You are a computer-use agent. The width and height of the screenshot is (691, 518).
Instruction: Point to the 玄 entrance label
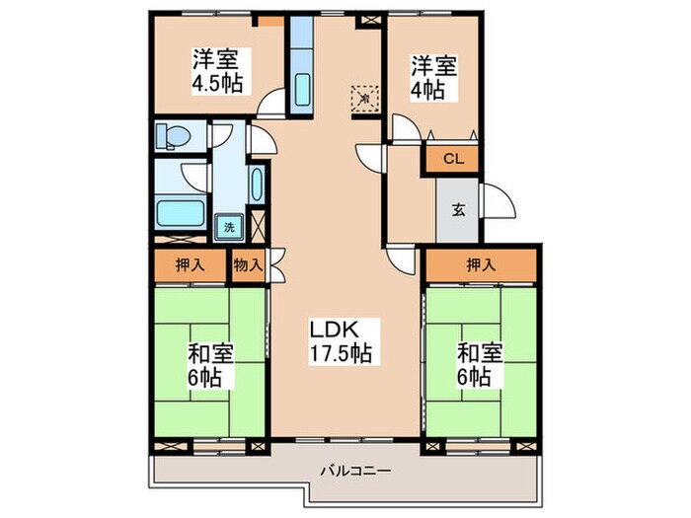point(459,209)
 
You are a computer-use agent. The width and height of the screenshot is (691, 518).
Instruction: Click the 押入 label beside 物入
point(190,264)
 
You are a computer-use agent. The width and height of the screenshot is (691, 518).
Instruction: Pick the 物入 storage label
point(247,264)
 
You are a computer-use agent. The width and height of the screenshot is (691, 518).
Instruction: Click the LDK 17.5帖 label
point(343,339)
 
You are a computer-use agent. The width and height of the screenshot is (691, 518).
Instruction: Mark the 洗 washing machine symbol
point(229,226)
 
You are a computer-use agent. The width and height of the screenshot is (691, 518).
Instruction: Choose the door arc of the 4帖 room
point(402,126)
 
